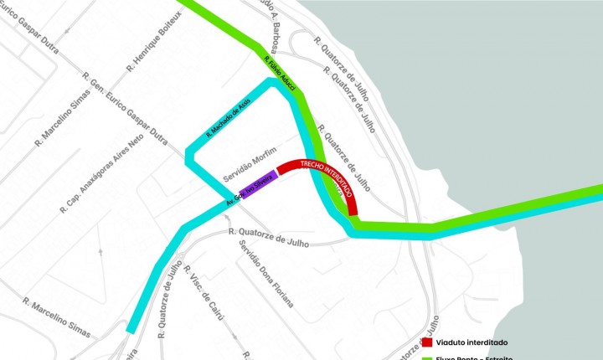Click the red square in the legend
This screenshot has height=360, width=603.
tap(426, 342)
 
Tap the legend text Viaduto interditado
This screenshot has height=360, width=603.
tap(472, 342)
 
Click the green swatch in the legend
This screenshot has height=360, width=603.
tap(426, 357)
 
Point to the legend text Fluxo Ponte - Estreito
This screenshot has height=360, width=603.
tap(474, 357)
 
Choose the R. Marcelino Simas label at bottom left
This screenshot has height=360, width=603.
tap(57, 317)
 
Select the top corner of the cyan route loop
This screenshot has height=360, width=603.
tap(272, 83)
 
